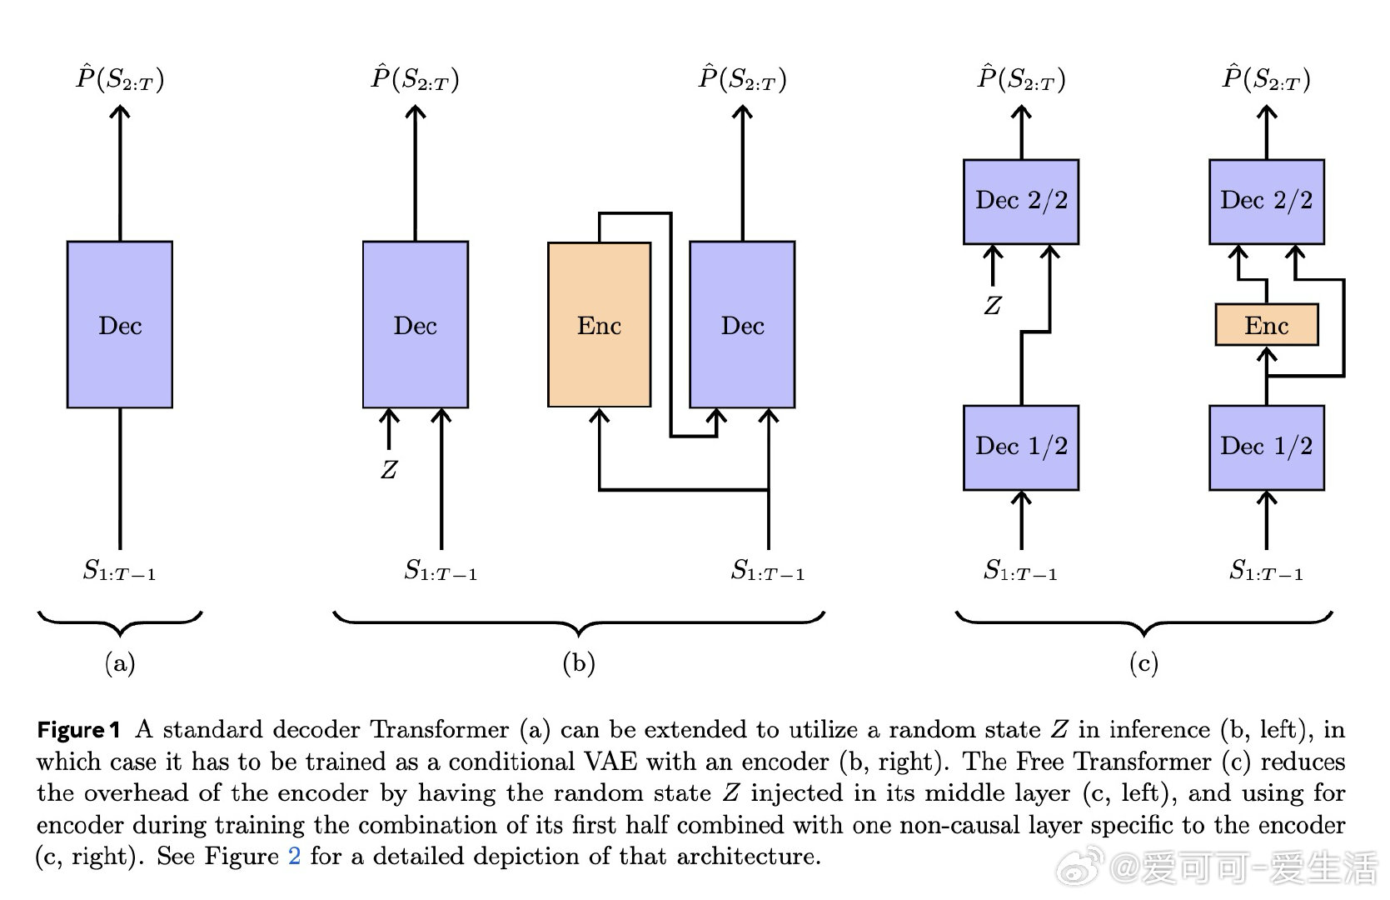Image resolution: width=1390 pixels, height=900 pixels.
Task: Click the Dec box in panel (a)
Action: coord(120,324)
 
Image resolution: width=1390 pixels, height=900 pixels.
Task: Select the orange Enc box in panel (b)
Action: coord(599,324)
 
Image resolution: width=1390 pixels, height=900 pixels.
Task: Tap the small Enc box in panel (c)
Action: coord(1266,324)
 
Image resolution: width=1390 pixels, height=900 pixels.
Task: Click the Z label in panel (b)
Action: coord(389,470)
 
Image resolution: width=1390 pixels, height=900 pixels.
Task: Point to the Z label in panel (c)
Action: coord(992,306)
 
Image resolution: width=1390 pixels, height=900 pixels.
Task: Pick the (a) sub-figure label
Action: coord(120,662)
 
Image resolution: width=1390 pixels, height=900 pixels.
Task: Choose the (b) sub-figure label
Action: coord(579,662)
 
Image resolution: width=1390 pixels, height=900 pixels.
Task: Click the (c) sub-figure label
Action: coord(1143,662)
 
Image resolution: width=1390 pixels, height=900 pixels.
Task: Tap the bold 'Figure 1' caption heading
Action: coord(78,730)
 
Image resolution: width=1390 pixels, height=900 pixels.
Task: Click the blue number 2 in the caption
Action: coord(294,856)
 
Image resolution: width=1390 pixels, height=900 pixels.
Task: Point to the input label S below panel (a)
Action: coord(120,571)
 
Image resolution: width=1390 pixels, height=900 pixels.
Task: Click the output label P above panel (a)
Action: coord(120,79)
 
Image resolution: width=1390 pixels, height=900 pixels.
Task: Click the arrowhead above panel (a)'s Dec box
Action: coord(120,112)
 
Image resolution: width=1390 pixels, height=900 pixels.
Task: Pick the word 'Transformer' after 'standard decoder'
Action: coord(439,730)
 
